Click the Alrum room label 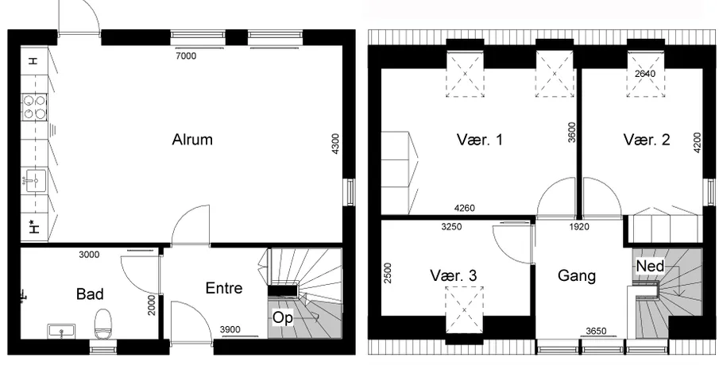coord(192,139)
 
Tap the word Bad coord(90,294)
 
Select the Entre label coord(224,288)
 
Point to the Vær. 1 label coord(480,139)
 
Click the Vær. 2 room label coord(647,139)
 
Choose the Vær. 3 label coord(453,275)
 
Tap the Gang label coord(577,275)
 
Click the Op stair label coord(283,318)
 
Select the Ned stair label coord(650,266)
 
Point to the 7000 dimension coord(186,56)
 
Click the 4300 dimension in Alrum coord(335,144)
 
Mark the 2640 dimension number coord(645,73)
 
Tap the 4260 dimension coord(465,209)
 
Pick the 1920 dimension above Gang coord(579,226)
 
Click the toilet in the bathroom coord(102,325)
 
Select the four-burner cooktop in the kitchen coord(35,107)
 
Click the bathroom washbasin coord(61,331)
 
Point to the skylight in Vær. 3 coord(465,310)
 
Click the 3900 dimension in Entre coord(230,329)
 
